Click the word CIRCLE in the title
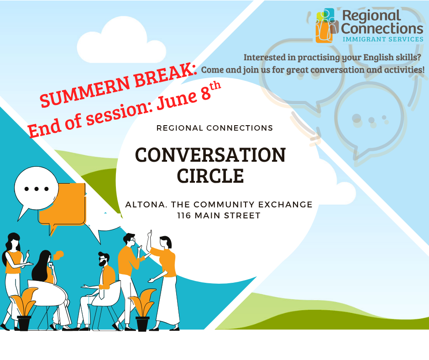[x=210, y=176]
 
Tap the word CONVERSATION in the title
[x=210, y=155]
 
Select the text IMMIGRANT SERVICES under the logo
[x=383, y=39]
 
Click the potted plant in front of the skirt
[x=142, y=310]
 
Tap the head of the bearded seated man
[x=104, y=259]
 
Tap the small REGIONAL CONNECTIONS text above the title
[x=215, y=128]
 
